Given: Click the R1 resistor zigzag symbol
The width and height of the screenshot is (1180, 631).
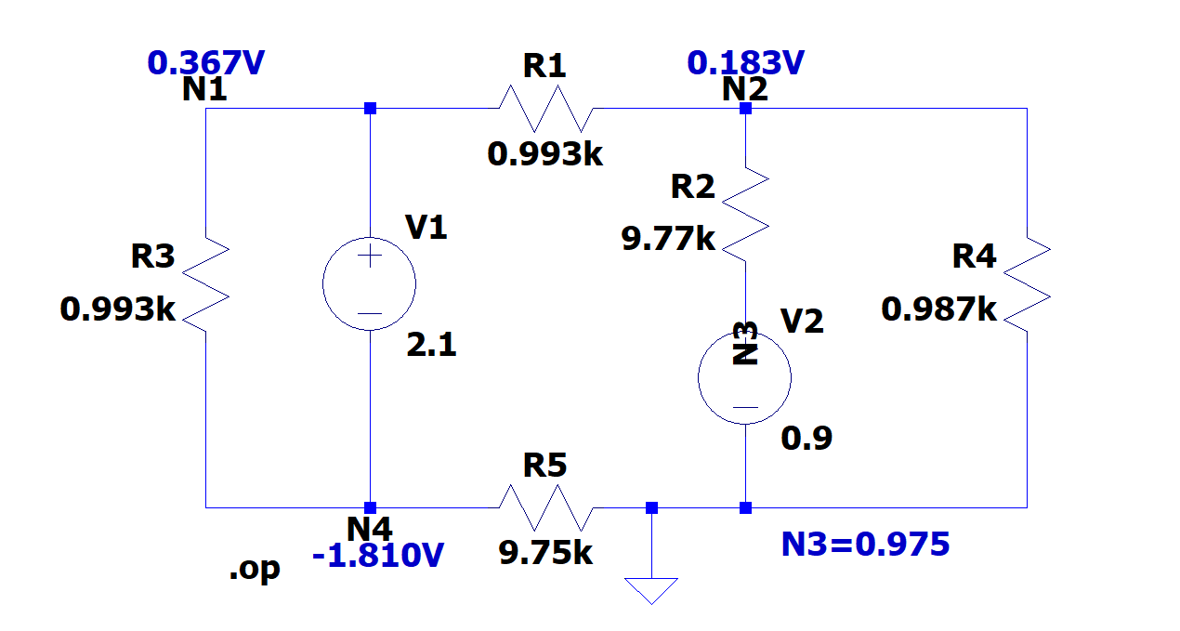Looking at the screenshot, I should pyautogui.click(x=545, y=109).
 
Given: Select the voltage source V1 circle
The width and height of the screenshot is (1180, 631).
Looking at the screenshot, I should pyautogui.click(x=370, y=284).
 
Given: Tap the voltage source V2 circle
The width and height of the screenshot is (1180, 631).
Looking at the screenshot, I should pyautogui.click(x=745, y=378).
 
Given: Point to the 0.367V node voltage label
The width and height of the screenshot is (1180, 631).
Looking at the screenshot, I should pyautogui.click(x=206, y=63).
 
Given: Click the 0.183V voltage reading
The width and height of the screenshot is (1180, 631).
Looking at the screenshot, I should pyautogui.click(x=745, y=63).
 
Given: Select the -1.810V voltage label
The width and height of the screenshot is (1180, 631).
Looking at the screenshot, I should pyautogui.click(x=378, y=556).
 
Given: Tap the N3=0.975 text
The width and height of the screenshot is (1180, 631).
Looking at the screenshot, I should pyautogui.click(x=865, y=544).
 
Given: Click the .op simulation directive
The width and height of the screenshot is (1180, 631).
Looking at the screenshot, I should pyautogui.click(x=254, y=569).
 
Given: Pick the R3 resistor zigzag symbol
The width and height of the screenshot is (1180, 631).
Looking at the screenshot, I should pyautogui.click(x=206, y=283).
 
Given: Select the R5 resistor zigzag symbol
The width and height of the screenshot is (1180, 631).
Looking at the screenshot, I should pyautogui.click(x=545, y=507).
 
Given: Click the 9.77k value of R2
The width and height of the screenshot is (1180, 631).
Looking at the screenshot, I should pyautogui.click(x=668, y=240).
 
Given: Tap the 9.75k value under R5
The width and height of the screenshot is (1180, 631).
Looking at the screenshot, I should pyautogui.click(x=545, y=553).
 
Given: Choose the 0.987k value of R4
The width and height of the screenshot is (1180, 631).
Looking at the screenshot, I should pyautogui.click(x=938, y=309).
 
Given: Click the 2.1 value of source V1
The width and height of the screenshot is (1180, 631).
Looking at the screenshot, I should pyautogui.click(x=431, y=346).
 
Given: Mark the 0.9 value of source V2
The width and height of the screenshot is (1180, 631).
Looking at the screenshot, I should pyautogui.click(x=806, y=438).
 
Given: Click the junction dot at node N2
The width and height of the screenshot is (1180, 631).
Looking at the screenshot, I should pyautogui.click(x=745, y=109).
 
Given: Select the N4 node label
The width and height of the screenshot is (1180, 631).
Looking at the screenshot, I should pyautogui.click(x=370, y=528).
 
